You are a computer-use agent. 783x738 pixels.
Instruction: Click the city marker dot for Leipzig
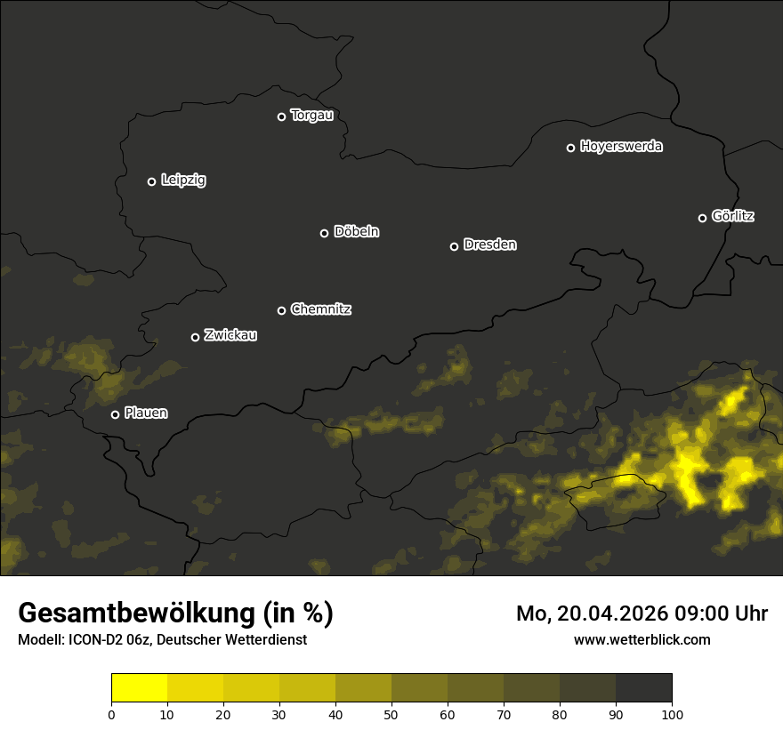tap(152, 181)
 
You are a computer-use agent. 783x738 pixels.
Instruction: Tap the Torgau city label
tap(311, 116)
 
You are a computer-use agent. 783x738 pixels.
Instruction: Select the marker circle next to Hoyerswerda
tap(571, 148)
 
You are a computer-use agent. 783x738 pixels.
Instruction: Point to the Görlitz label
tap(733, 216)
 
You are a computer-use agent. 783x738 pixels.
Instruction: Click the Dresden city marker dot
tap(455, 246)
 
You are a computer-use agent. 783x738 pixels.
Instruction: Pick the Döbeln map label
tap(356, 232)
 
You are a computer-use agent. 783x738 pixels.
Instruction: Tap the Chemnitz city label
tap(320, 309)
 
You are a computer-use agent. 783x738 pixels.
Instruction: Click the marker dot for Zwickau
tap(196, 337)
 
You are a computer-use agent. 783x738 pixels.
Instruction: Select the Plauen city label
tap(146, 413)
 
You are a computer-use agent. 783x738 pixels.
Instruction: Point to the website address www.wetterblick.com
tap(642, 639)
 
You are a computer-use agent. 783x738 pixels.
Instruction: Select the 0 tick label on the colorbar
tap(111, 714)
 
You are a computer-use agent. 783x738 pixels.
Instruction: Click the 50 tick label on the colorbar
tap(391, 714)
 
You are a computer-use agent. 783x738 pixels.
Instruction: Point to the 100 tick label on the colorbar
tap(672, 714)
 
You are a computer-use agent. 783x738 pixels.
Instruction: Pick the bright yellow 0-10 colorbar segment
tap(140, 688)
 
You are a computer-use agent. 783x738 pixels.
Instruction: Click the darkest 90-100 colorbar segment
tap(643, 688)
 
